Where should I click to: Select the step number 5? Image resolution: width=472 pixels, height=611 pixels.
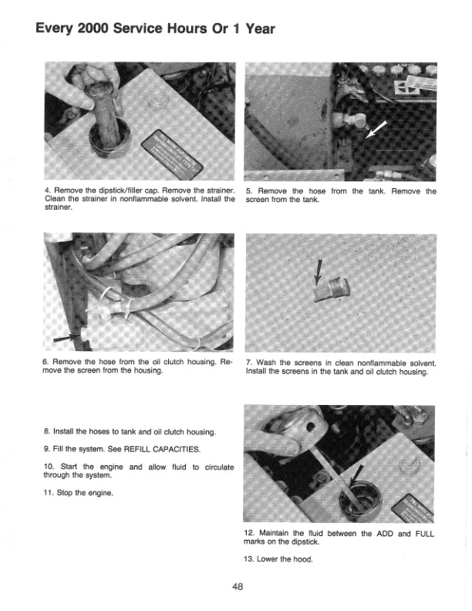[x=248, y=191]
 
